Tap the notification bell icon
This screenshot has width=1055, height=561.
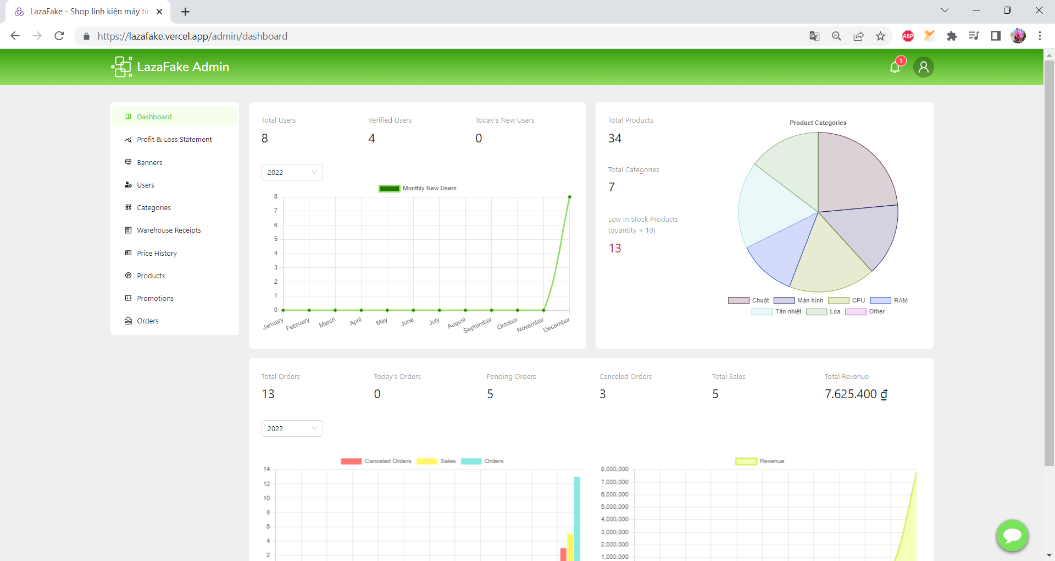(895, 67)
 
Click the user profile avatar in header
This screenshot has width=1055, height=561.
(924, 67)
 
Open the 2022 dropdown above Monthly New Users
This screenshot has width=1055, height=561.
(292, 172)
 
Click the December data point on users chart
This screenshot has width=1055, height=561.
(570, 197)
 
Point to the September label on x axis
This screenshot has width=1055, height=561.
(477, 325)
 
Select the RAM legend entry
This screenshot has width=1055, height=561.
(889, 301)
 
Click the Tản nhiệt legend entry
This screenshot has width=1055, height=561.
(776, 312)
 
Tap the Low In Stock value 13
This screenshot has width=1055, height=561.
(615, 249)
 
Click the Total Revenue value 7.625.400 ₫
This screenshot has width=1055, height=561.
(856, 394)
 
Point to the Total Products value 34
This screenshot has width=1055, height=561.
(615, 139)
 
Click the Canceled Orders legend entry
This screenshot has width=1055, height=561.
(376, 461)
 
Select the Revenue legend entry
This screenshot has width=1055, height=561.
(760, 461)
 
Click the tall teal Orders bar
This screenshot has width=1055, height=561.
(577, 519)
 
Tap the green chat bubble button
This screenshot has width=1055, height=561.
(1012, 535)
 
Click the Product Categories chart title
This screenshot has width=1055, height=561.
(818, 123)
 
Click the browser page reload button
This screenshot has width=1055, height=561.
(59, 36)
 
